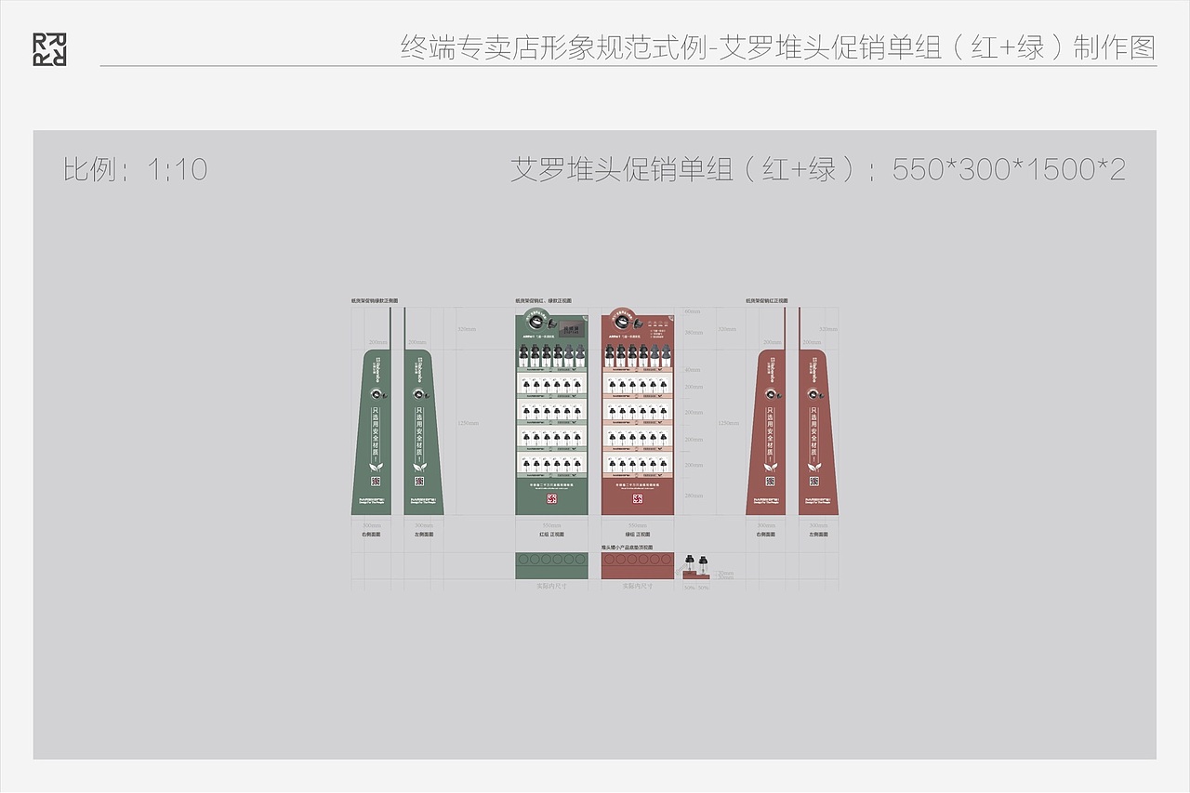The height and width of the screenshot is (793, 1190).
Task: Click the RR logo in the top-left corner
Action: tap(49, 49)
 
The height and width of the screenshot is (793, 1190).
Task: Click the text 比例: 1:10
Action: tap(135, 169)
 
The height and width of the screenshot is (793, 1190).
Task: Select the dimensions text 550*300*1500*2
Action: tap(1009, 169)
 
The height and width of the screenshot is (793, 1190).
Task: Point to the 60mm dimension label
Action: tap(692, 311)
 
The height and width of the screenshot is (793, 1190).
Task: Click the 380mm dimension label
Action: tap(694, 332)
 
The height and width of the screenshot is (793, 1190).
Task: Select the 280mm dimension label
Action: tap(694, 496)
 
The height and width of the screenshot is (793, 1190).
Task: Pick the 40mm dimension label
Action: tap(694, 369)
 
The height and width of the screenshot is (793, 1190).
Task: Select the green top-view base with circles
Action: tap(551, 564)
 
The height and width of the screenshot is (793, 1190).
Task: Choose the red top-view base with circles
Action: tap(637, 564)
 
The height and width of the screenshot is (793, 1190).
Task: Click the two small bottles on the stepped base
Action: tap(697, 563)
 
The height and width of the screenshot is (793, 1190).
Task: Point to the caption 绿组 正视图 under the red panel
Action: tap(637, 535)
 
